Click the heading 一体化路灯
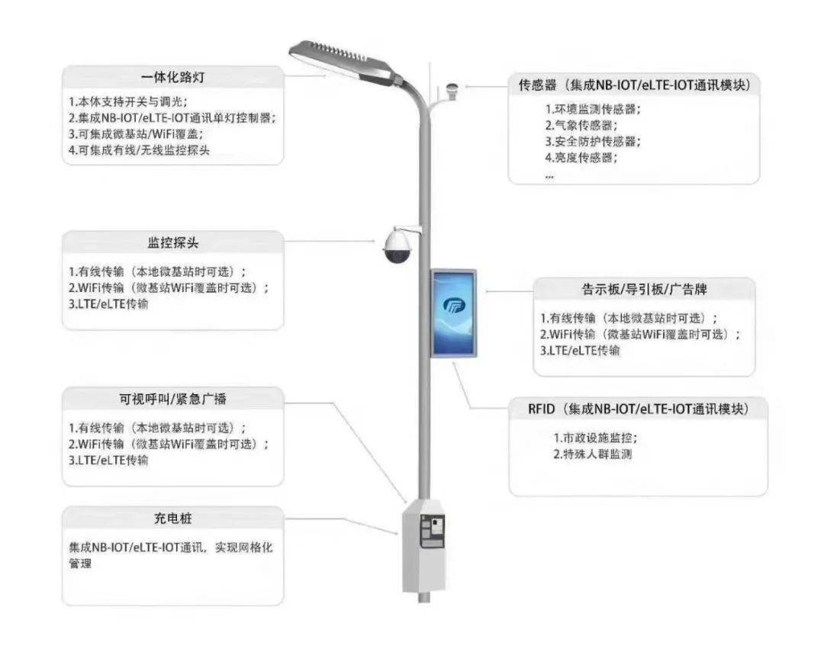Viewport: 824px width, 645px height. click(173, 77)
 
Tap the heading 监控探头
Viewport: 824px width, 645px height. click(173, 242)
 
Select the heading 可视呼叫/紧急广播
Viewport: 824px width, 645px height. click(173, 400)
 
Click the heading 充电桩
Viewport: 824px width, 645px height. click(173, 518)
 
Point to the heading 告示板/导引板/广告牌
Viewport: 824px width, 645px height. click(644, 290)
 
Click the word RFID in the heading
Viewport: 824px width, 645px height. click(541, 409)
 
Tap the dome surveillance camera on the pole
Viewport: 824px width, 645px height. click(398, 245)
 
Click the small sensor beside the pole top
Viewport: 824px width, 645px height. click(451, 90)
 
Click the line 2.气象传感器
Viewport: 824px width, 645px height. click(581, 126)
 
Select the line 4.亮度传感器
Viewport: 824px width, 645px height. click(581, 158)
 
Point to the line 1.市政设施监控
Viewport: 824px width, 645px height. click(595, 438)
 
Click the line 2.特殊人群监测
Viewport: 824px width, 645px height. click(592, 454)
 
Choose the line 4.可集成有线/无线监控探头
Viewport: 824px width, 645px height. click(140, 150)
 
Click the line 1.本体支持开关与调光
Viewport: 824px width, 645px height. click(127, 102)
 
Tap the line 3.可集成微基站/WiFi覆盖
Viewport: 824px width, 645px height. click(136, 134)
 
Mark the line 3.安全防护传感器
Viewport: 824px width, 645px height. click(593, 142)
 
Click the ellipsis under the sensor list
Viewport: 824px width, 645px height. click(549, 178)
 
